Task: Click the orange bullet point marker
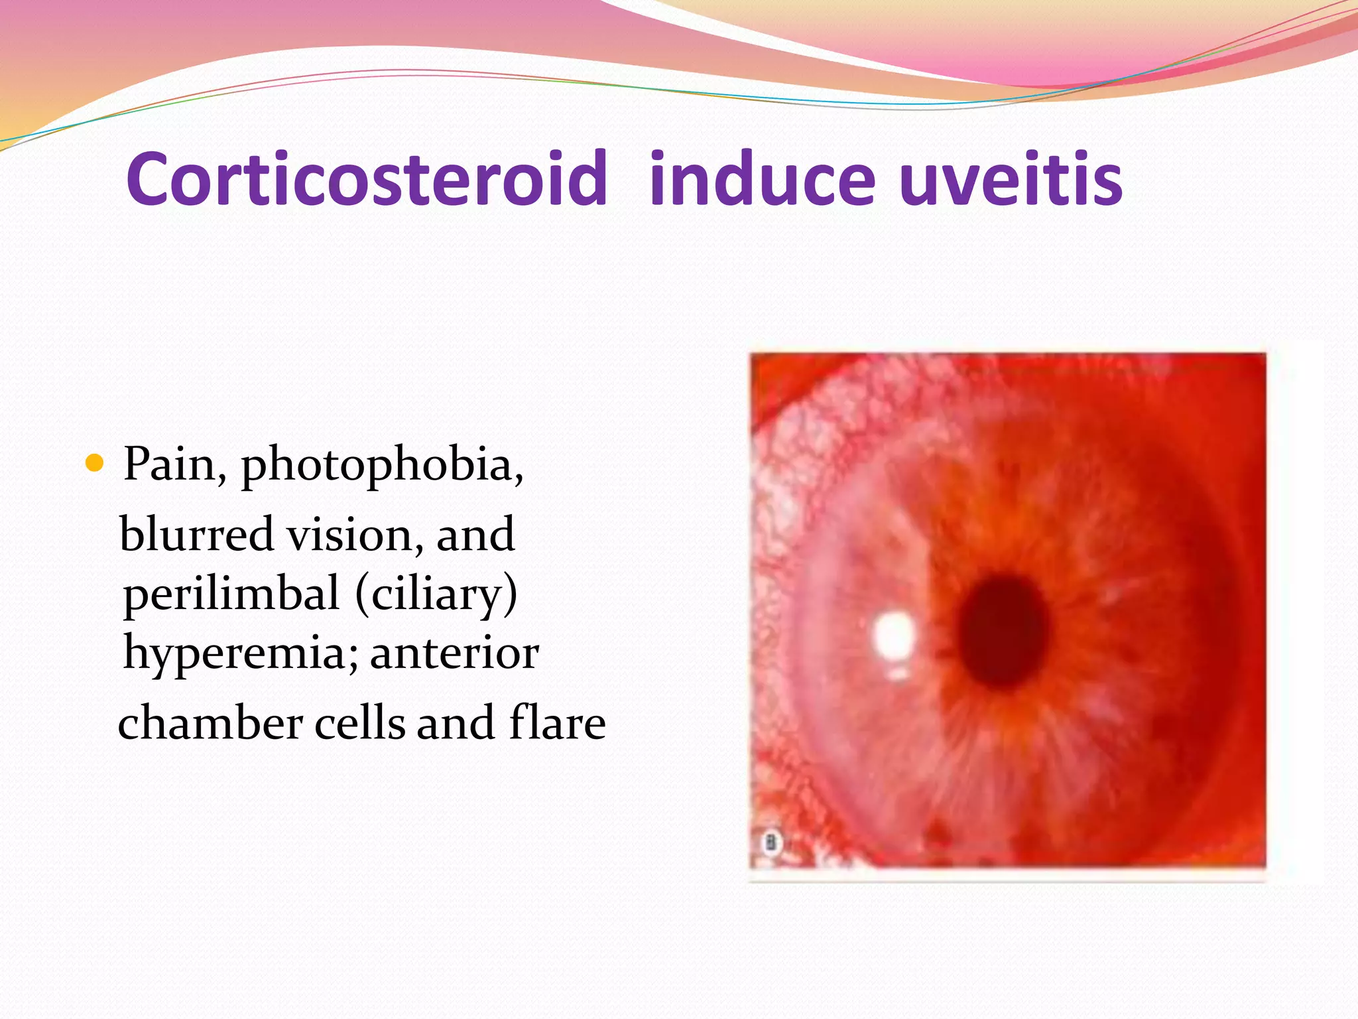95,463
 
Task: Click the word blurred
196,535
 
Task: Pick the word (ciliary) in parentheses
436,594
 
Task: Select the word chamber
210,723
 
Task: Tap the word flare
557,723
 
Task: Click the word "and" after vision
475,535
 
